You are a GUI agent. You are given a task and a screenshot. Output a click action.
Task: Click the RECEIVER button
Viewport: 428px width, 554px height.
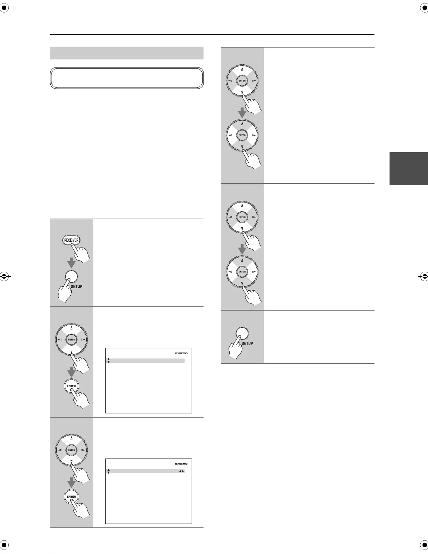pos(71,240)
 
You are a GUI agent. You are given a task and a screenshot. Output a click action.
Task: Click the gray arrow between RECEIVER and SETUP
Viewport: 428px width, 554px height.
pos(71,262)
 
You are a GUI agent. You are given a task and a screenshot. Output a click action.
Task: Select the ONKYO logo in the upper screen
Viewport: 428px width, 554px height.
pos(181,353)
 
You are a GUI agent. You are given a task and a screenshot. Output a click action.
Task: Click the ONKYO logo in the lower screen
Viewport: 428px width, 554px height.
pos(181,464)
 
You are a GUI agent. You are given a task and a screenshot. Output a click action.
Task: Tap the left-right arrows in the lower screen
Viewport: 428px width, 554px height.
pos(181,471)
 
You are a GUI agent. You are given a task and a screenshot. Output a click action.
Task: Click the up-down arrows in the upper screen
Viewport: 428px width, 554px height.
pos(109,361)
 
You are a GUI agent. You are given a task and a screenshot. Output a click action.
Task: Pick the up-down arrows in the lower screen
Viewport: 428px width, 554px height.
pos(109,471)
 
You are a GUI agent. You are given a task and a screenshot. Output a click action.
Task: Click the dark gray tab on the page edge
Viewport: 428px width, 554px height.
pos(408,168)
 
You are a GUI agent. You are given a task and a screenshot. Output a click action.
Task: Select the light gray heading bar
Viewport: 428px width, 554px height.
pos(127,54)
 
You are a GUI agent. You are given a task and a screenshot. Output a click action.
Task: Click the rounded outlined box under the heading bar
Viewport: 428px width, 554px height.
pos(127,78)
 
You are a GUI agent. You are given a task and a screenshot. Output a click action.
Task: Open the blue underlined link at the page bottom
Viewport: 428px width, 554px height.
pos(69,551)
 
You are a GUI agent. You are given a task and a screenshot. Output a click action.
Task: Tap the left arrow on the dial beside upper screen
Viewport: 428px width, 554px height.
pos(59,340)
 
